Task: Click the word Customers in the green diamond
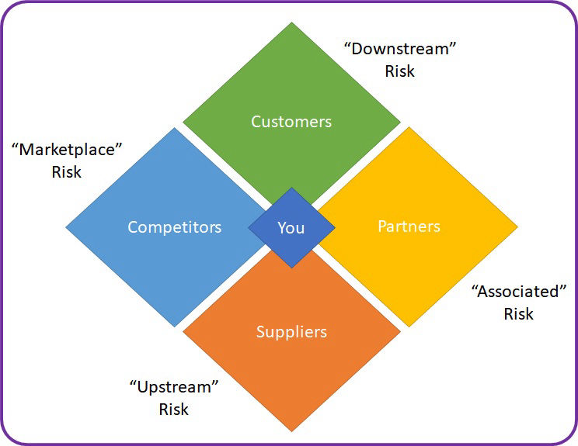click(x=291, y=122)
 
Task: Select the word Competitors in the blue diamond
click(x=174, y=227)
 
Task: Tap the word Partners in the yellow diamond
click(x=409, y=226)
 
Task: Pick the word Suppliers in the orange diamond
click(x=291, y=332)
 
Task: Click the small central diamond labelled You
click(x=291, y=227)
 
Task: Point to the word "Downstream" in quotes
click(x=399, y=49)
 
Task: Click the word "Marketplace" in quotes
click(x=68, y=150)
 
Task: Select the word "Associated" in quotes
click(x=519, y=292)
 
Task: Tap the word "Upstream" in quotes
click(x=173, y=386)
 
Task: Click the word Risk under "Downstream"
click(x=399, y=71)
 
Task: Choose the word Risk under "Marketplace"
click(x=67, y=172)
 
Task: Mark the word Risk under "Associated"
click(x=519, y=314)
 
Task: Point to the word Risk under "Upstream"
click(x=173, y=409)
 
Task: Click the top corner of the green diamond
click(x=291, y=22)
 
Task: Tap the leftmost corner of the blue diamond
click(x=66, y=227)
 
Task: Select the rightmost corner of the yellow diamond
click(x=517, y=227)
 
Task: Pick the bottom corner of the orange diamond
click(x=291, y=431)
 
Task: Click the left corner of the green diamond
click(x=183, y=122)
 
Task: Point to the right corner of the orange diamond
click(x=400, y=332)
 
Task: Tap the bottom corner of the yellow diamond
click(x=409, y=326)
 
